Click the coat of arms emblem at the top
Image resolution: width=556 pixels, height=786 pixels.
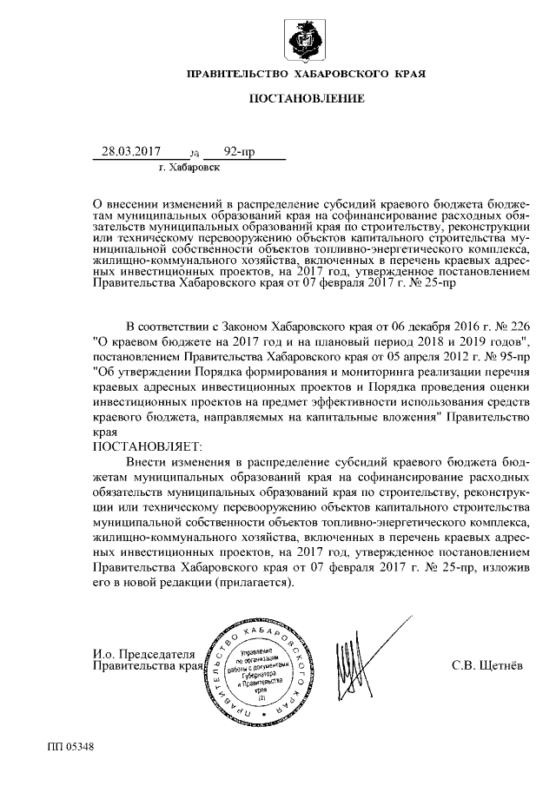point(306,40)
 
